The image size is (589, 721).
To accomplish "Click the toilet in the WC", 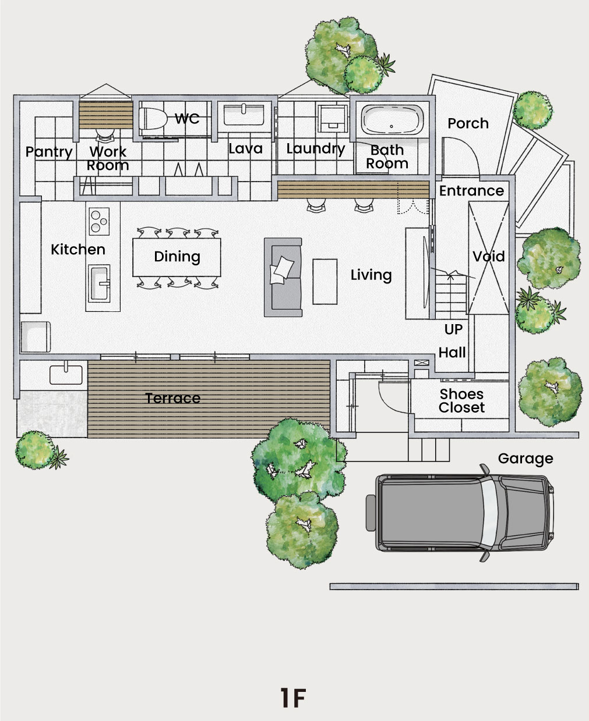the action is point(153,119).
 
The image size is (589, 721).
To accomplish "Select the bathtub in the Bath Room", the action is point(392,120).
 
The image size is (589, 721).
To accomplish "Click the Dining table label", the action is point(177,257).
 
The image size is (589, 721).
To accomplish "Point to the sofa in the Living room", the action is point(283,277).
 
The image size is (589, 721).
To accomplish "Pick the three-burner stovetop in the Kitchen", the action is point(99,221).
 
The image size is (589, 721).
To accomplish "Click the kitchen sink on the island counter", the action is point(99,283).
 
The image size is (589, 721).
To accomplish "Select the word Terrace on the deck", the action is point(173,398).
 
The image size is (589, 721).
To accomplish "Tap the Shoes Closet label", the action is point(461,401).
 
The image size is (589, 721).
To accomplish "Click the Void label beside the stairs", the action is point(489,257).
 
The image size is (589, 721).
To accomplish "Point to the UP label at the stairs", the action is point(453,329).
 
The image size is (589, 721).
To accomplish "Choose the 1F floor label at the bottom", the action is point(293,697).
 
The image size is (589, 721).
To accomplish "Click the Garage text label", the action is point(525,459).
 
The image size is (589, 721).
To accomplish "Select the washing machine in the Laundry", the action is point(333,118).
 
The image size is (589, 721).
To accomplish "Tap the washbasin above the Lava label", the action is point(244,115).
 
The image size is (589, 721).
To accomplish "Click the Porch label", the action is point(468,123).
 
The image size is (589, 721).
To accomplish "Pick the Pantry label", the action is point(49,152).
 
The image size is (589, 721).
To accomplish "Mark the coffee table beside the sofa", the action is point(325,282).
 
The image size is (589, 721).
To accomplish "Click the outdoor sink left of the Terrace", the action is point(66,375).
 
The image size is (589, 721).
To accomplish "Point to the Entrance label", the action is point(472,191).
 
